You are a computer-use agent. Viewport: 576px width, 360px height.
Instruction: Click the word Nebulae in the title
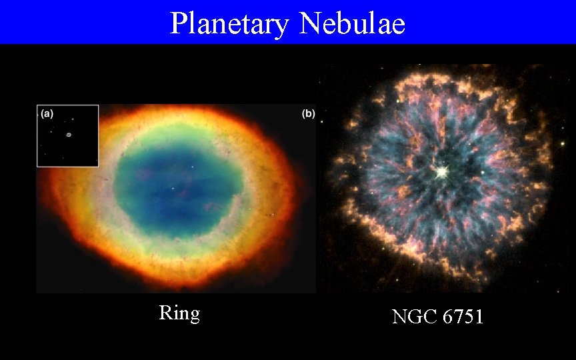(353, 23)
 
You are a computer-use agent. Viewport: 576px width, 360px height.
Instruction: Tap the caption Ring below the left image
(179, 313)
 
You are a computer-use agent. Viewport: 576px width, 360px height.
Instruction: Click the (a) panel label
(47, 113)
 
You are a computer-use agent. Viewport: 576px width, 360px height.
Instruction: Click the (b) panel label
(308, 114)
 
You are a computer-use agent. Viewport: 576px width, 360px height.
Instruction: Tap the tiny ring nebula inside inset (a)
(69, 135)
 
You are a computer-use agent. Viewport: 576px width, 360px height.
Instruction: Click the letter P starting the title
(178, 23)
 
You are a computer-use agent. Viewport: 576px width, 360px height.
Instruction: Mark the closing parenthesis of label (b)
(313, 114)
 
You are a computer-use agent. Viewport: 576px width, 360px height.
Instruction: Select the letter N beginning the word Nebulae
(311, 23)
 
